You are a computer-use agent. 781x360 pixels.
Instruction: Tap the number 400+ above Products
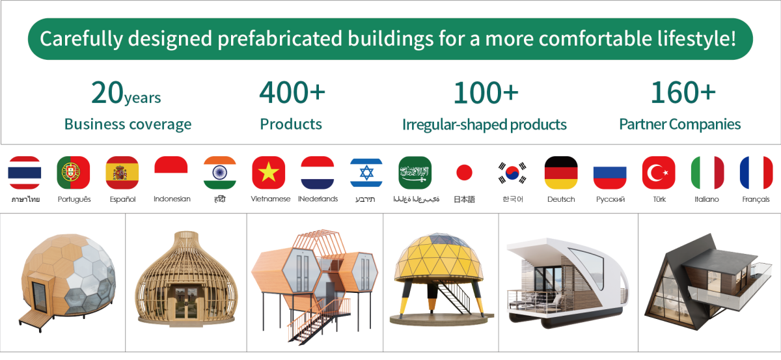click(x=292, y=92)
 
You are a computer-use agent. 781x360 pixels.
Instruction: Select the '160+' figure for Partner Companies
click(x=683, y=92)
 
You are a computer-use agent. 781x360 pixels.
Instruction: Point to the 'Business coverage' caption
click(x=128, y=124)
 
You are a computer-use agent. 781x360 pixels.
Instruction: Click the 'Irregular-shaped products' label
click(x=484, y=124)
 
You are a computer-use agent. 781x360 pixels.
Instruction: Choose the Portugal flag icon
click(x=73, y=173)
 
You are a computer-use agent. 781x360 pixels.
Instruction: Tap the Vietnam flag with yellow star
click(x=268, y=173)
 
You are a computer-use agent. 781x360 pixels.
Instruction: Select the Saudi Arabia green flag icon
click(x=415, y=173)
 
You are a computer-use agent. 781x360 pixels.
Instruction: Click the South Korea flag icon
click(x=512, y=173)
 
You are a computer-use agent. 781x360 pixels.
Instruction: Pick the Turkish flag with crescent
click(x=659, y=173)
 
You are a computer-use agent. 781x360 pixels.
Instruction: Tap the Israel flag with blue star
click(x=366, y=173)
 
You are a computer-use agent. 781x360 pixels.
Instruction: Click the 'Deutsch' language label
click(x=561, y=199)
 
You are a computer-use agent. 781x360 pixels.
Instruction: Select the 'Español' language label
click(x=122, y=199)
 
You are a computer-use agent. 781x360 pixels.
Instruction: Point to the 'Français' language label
click(x=756, y=199)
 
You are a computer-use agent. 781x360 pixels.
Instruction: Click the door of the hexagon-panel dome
click(x=39, y=298)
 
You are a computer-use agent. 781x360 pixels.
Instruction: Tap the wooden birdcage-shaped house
click(x=186, y=279)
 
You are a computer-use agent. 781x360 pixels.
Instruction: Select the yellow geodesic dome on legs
click(x=440, y=279)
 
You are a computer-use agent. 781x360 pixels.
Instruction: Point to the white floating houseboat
click(x=568, y=283)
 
